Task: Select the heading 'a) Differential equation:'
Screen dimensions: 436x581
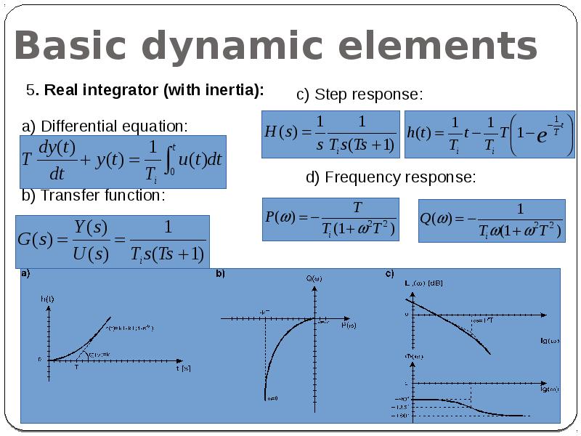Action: pyautogui.click(x=105, y=126)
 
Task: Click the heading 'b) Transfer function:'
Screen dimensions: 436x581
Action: pyautogui.click(x=93, y=195)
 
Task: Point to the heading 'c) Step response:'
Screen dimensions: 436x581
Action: pyautogui.click(x=359, y=94)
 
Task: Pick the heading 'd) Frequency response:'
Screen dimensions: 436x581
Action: pyautogui.click(x=391, y=177)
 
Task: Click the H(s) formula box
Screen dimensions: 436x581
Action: pyautogui.click(x=330, y=134)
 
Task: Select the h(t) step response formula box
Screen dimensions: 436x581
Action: pyautogui.click(x=489, y=134)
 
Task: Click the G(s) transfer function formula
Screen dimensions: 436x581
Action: pyautogui.click(x=113, y=241)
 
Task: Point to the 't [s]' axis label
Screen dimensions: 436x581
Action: pyautogui.click(x=183, y=368)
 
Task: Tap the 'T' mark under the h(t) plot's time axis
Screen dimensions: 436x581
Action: pyautogui.click(x=76, y=368)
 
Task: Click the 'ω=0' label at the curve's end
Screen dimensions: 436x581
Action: pyautogui.click(x=272, y=398)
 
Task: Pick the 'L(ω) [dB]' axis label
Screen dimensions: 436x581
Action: pyautogui.click(x=424, y=282)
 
